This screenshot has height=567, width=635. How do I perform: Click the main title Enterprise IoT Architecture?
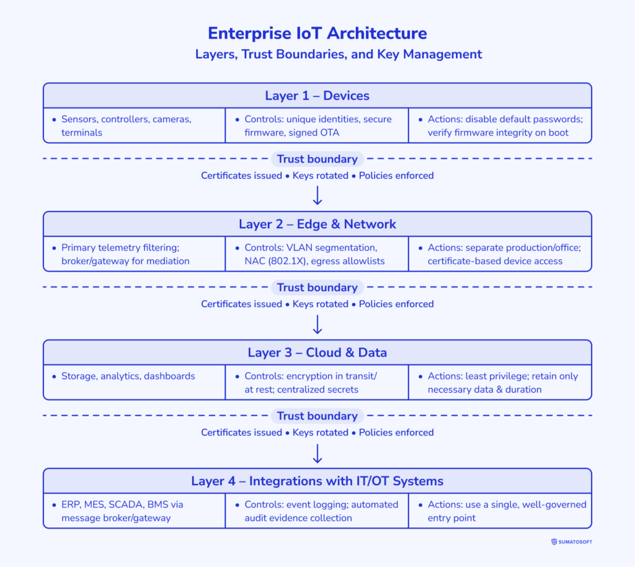click(317, 33)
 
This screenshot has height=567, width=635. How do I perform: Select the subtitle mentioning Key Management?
click(339, 55)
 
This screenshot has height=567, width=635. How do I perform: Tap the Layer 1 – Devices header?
click(317, 96)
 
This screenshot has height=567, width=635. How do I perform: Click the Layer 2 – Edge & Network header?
click(317, 224)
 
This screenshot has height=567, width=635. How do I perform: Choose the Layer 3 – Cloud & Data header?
click(317, 352)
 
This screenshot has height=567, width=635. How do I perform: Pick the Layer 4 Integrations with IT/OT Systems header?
click(317, 481)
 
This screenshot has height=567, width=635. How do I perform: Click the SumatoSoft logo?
click(571, 542)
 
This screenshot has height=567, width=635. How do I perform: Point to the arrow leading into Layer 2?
click(317, 195)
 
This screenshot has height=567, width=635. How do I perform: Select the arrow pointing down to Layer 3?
click(317, 324)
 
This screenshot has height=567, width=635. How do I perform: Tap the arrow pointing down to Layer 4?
click(317, 453)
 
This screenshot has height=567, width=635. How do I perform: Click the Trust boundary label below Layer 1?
click(317, 159)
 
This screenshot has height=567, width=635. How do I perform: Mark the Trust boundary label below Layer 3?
click(317, 416)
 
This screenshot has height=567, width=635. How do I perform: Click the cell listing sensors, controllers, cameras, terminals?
click(134, 125)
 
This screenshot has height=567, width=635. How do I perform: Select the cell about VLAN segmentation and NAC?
click(316, 254)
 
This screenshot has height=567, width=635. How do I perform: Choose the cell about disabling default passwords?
click(500, 125)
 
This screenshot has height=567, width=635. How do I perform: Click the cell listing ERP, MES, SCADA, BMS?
click(134, 511)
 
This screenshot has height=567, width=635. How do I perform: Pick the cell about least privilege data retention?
click(500, 382)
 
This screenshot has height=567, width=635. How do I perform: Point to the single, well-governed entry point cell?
click(500, 511)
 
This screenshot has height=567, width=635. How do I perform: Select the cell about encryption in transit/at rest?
click(316, 382)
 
